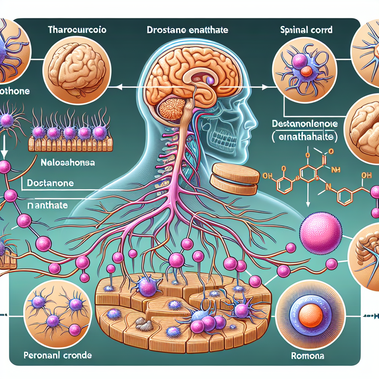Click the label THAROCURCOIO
point(77,30)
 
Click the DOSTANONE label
point(50,183)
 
